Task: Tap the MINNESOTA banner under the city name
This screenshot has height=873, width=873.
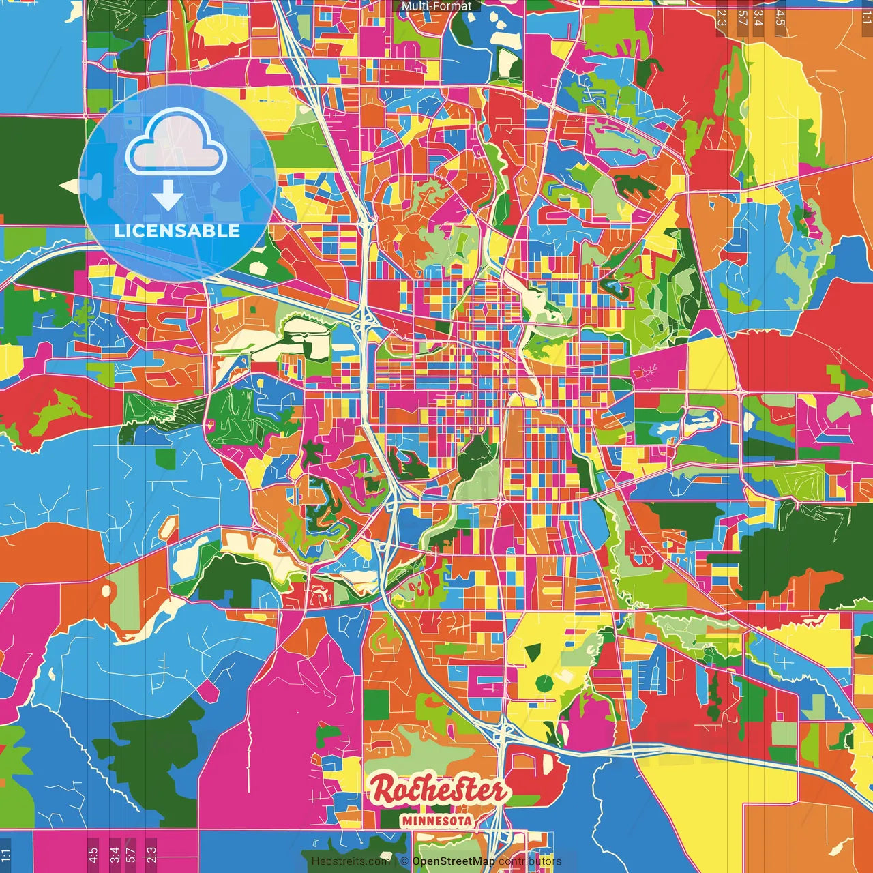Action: tap(438, 820)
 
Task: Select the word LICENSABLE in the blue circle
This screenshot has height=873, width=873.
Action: tap(177, 231)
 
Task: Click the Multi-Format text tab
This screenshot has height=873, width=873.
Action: tap(436, 6)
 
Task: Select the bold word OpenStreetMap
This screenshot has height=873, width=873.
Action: tap(454, 861)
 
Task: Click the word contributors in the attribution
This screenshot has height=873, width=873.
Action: tap(530, 861)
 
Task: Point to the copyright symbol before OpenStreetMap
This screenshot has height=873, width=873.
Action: tap(404, 861)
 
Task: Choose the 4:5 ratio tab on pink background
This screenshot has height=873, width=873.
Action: tap(93, 855)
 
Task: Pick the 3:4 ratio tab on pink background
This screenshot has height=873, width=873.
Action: tap(115, 855)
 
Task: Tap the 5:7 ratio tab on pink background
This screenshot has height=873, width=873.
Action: tap(131, 855)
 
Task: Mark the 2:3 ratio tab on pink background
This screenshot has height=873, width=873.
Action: tap(151, 855)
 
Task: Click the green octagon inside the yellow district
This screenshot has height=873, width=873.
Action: tap(544, 683)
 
